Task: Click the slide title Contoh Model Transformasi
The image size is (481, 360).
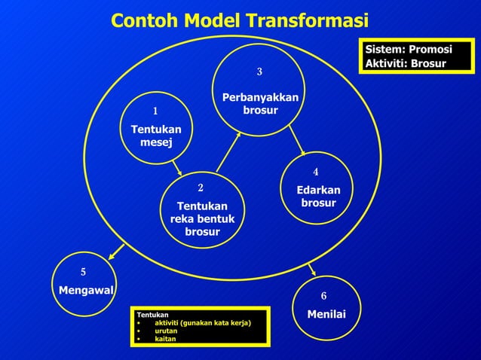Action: pos(240,20)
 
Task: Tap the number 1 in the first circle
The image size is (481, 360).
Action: pos(155,112)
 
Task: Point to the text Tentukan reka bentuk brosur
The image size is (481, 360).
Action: pos(202,218)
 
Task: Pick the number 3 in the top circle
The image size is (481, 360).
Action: pos(259,72)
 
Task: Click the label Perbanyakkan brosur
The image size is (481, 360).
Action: pos(259,105)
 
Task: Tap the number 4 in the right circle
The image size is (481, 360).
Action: pos(317,172)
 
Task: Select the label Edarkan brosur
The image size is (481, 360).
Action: pos(318,197)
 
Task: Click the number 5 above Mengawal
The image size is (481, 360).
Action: pos(84,271)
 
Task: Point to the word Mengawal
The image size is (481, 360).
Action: pos(86,289)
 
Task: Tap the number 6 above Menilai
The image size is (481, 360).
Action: pos(323,296)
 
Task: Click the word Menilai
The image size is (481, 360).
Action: pos(326,313)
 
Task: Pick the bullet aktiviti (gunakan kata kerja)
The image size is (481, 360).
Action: pos(202,322)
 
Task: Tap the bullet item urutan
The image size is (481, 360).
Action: pos(167,331)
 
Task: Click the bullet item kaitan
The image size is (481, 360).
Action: pos(165,339)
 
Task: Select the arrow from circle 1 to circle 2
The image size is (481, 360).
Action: pos(176,166)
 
